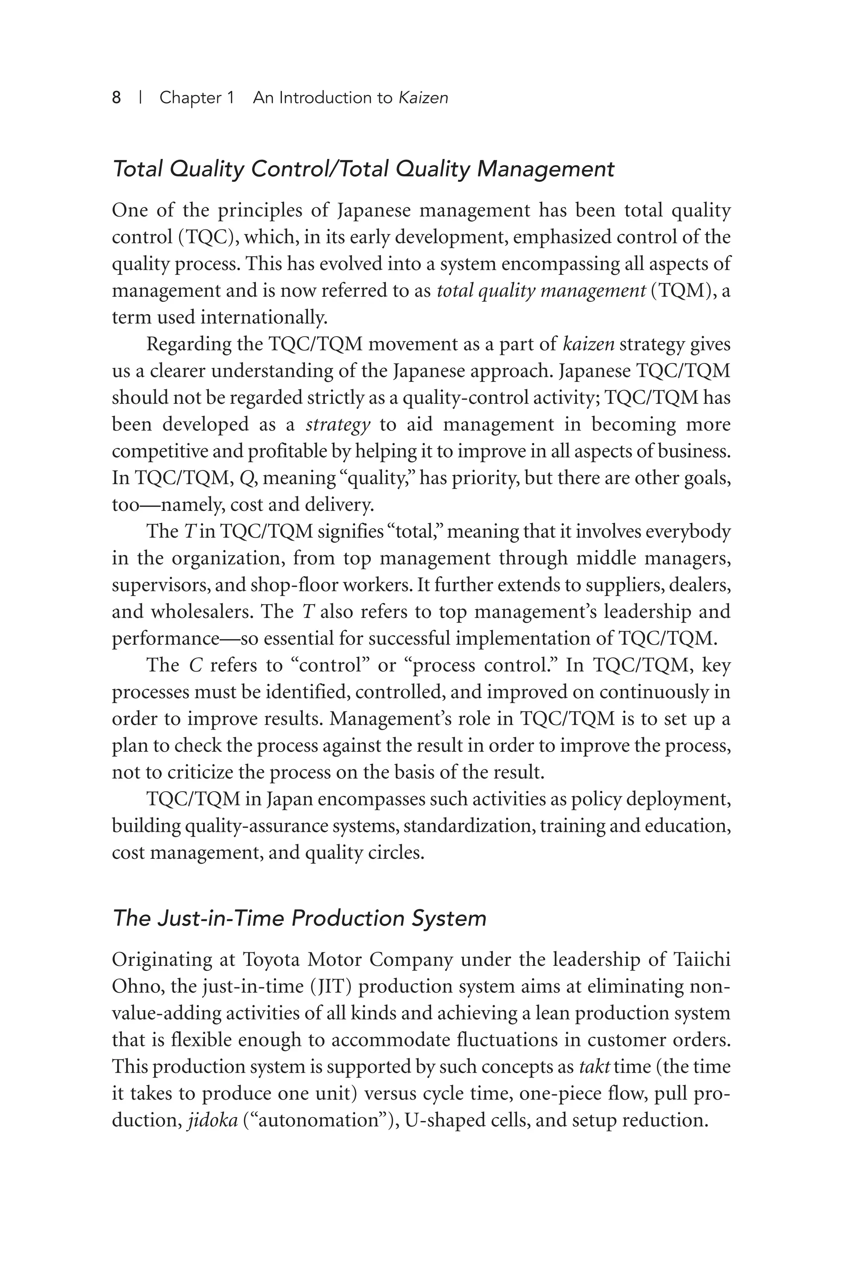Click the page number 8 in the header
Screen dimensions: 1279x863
(x=116, y=98)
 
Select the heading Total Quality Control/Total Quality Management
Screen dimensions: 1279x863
(x=363, y=169)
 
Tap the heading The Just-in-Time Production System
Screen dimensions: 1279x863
(x=299, y=919)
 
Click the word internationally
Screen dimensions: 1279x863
(x=263, y=317)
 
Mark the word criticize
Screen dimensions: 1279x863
(x=188, y=772)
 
